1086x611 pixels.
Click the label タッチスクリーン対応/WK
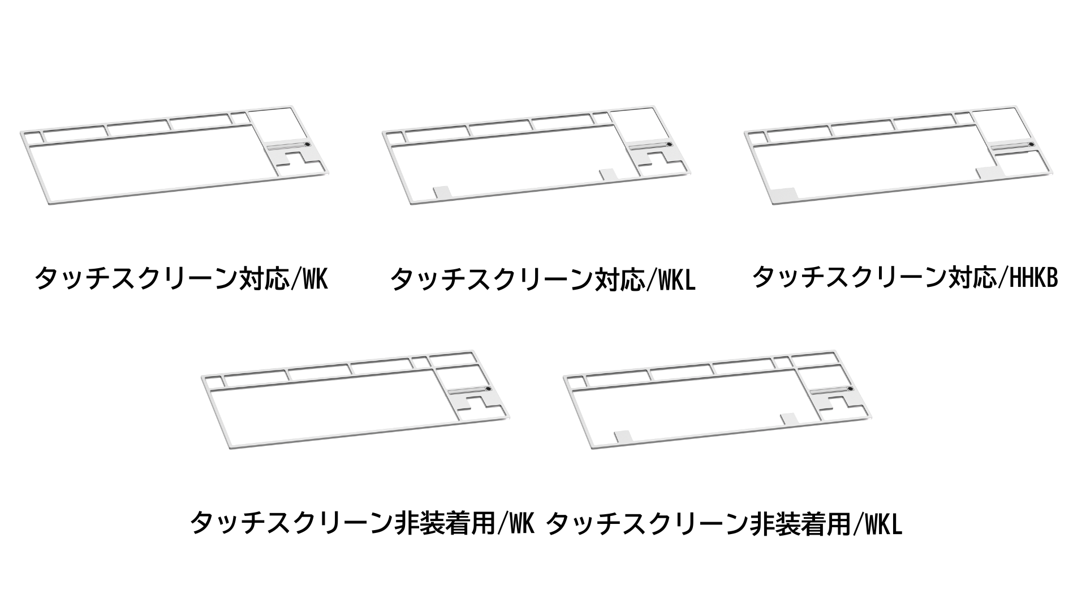click(181, 278)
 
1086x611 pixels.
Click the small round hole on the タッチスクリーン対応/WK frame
click(307, 145)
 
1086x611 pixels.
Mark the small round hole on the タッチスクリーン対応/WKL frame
click(669, 145)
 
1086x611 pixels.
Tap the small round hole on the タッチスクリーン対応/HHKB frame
click(1031, 145)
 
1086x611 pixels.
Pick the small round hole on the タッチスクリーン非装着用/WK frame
click(488, 390)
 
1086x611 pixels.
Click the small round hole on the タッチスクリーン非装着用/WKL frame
click(850, 390)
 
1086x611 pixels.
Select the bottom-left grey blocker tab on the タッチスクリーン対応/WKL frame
click(442, 192)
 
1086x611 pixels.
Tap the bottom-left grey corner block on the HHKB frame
click(783, 195)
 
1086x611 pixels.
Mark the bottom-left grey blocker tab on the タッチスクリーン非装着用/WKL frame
click(623, 437)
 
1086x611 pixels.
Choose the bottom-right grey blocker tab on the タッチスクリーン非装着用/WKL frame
click(788, 420)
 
